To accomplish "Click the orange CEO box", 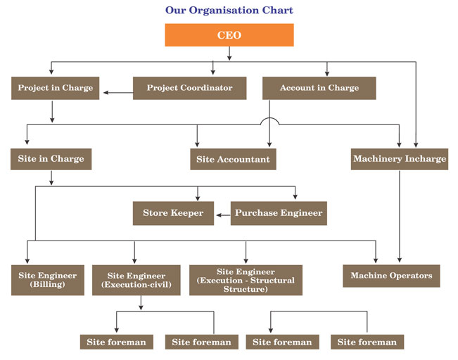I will pyautogui.click(x=229, y=35).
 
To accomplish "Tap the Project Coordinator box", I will pyautogui.click(x=189, y=88).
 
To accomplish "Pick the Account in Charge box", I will pyautogui.click(x=319, y=88).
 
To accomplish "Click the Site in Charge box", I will pyautogui.click(x=51, y=159).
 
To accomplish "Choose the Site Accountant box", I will pyautogui.click(x=232, y=160).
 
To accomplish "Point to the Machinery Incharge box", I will pyautogui.click(x=399, y=159).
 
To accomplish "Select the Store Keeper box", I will pyautogui.click(x=173, y=213).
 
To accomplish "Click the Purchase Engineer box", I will pyautogui.click(x=279, y=213).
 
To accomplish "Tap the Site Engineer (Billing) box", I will pyautogui.click(x=48, y=280).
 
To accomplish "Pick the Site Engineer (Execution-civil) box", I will pyautogui.click(x=138, y=280).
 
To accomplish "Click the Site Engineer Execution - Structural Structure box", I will pyautogui.click(x=246, y=280).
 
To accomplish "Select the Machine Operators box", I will pyautogui.click(x=391, y=276).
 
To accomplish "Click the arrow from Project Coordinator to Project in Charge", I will pyautogui.click(x=117, y=89).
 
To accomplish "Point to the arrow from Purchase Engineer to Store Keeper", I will pyautogui.click(x=222, y=213).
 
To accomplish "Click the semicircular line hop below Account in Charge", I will pyautogui.click(x=269, y=121).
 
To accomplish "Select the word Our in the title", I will pyautogui.click(x=175, y=11).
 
